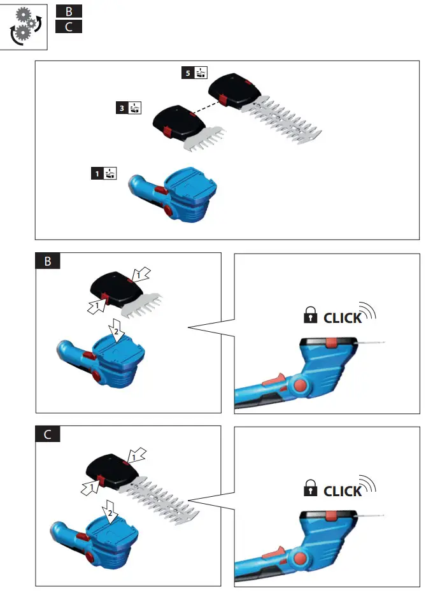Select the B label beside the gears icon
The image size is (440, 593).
click(69, 11)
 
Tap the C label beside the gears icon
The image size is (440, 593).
click(69, 27)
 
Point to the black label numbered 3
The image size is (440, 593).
click(122, 108)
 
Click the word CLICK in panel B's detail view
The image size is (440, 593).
click(343, 318)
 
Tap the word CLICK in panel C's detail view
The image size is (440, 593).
click(343, 490)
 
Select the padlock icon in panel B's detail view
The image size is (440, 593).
click(311, 316)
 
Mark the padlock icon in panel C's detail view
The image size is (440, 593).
click(311, 489)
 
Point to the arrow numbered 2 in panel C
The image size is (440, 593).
click(111, 511)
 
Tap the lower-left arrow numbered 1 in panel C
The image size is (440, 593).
click(90, 488)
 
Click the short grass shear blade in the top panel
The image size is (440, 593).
click(205, 139)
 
